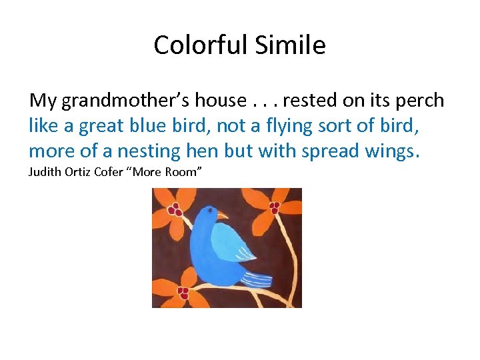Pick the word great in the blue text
point(100,126)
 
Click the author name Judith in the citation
point(45,173)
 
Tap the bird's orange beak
point(222,216)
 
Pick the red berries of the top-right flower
point(274,207)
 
